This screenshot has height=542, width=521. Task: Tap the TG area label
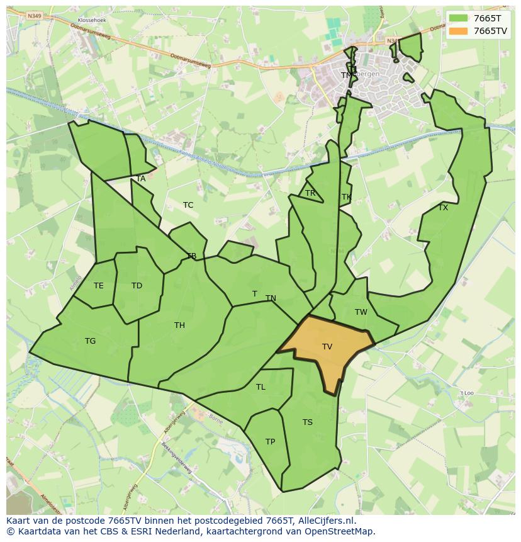pyautogui.click(x=91, y=341)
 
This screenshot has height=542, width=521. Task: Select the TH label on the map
pyautogui.click(x=179, y=325)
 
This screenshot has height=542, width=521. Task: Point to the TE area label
pyautogui.click(x=99, y=286)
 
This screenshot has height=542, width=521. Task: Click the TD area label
pyautogui.click(x=137, y=286)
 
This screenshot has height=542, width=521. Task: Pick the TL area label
pyautogui.click(x=260, y=387)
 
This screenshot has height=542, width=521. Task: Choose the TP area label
pyautogui.click(x=270, y=442)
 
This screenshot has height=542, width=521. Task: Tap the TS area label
pyautogui.click(x=307, y=422)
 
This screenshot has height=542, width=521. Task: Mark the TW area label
pyautogui.click(x=361, y=312)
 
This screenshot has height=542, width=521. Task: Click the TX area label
pyautogui.click(x=443, y=208)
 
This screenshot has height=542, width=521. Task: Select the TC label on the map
pyautogui.click(x=188, y=205)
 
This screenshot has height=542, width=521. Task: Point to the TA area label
pyautogui.click(x=141, y=179)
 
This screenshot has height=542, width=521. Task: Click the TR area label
pyautogui.click(x=310, y=193)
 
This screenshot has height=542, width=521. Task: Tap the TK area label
pyautogui.click(x=346, y=197)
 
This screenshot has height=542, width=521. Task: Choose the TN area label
pyautogui.click(x=271, y=298)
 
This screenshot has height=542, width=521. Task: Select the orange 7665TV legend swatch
pyautogui.click(x=458, y=31)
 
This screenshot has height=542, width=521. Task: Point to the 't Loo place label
pyautogui.click(x=466, y=393)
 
